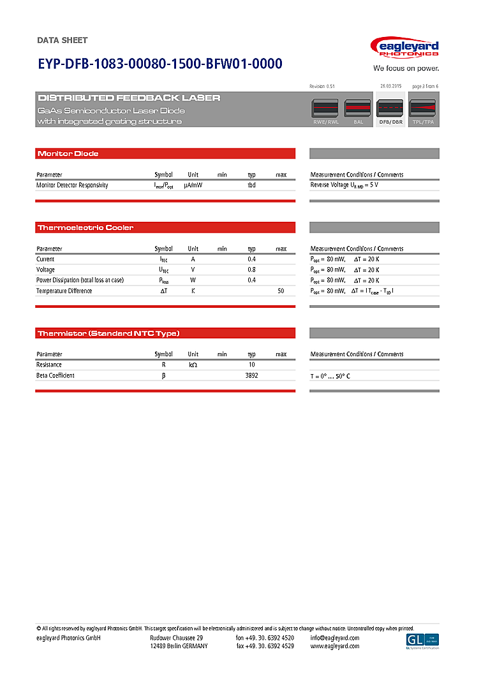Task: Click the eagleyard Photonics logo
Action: point(406,48)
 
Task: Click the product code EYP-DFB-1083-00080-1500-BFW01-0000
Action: point(159,64)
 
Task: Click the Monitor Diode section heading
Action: point(68,154)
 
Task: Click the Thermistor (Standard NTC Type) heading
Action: point(108,333)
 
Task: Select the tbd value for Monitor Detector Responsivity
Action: point(251,185)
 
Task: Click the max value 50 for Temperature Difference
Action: point(281,291)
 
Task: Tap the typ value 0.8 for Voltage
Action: point(251,270)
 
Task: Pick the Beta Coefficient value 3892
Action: point(251,376)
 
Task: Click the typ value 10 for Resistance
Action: point(251,365)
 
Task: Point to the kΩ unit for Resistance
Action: point(193,365)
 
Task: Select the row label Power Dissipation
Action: point(80,280)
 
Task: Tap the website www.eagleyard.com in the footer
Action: point(335,646)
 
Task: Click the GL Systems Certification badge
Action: point(422,640)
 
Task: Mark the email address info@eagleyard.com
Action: point(335,638)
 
